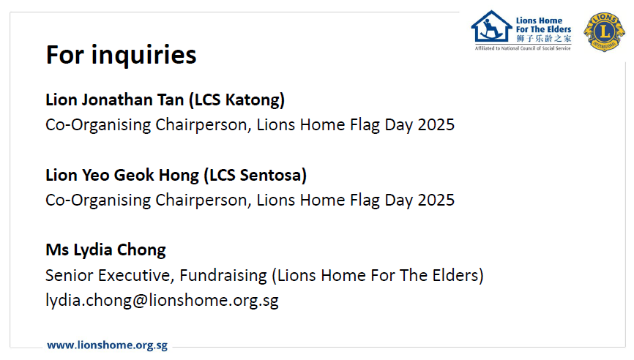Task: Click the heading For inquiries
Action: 121,55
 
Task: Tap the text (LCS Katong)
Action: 237,100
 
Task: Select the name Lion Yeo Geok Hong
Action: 122,176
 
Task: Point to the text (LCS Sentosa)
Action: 255,176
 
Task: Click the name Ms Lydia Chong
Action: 105,250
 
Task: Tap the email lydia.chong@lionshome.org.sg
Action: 162,300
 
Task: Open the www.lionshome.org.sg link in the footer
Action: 107,345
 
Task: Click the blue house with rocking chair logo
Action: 491,26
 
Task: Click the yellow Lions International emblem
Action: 604,31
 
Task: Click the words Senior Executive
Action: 110,275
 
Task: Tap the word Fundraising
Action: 223,276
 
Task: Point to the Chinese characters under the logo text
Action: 543,38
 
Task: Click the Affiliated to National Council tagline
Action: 523,48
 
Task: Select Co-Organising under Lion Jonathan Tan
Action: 98,125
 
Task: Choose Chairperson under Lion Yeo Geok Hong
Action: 204,200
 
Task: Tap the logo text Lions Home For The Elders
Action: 543,25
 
